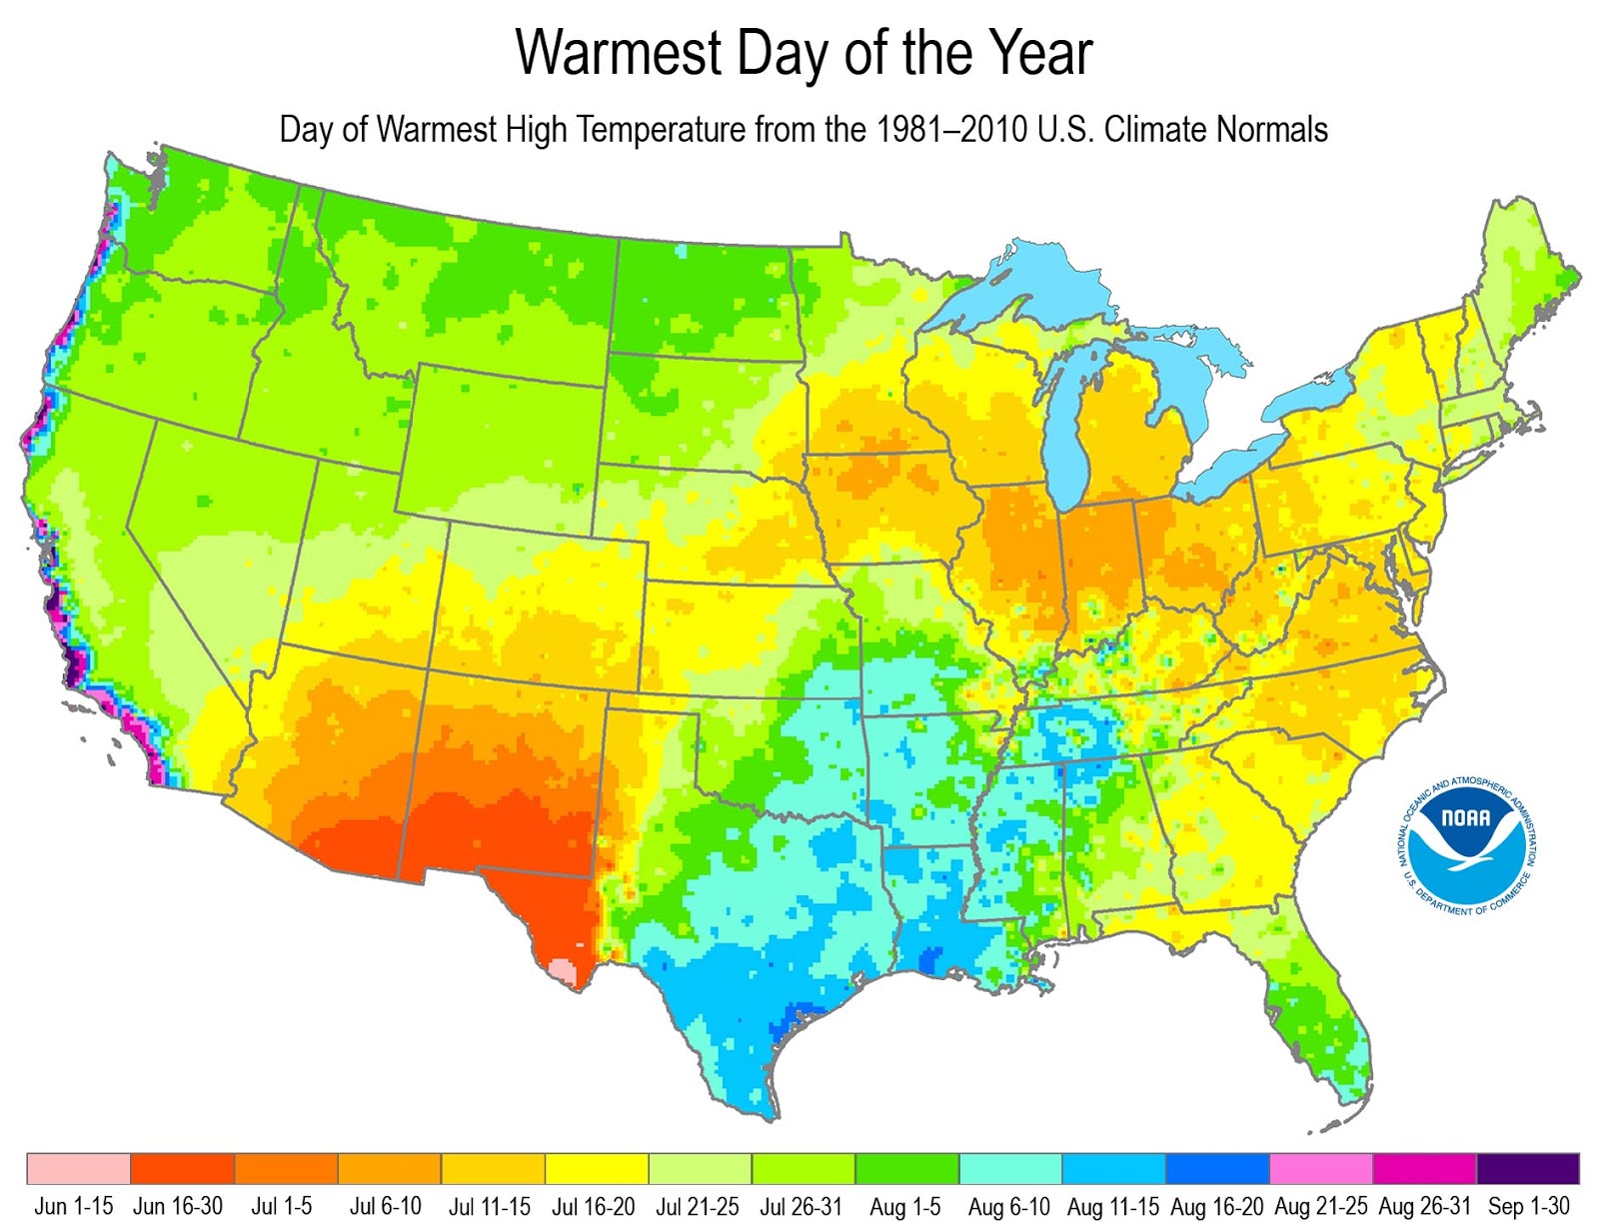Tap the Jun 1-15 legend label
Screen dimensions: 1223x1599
click(74, 1206)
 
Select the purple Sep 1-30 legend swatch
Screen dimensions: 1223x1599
click(1528, 1169)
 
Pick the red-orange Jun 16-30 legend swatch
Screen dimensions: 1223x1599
click(182, 1169)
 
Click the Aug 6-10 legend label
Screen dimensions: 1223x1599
click(1008, 1206)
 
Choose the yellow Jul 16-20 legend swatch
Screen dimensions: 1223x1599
click(597, 1169)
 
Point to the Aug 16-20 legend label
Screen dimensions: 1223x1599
click(1216, 1206)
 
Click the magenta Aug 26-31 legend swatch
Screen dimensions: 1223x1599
click(1424, 1169)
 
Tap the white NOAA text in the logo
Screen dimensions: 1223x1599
click(1465, 818)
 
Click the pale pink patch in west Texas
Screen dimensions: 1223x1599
click(563, 970)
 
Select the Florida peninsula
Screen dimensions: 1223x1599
click(1319, 1019)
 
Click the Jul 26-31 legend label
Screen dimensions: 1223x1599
click(801, 1206)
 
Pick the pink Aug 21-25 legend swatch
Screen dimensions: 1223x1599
click(1320, 1169)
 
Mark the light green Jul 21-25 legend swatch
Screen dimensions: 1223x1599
click(700, 1169)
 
